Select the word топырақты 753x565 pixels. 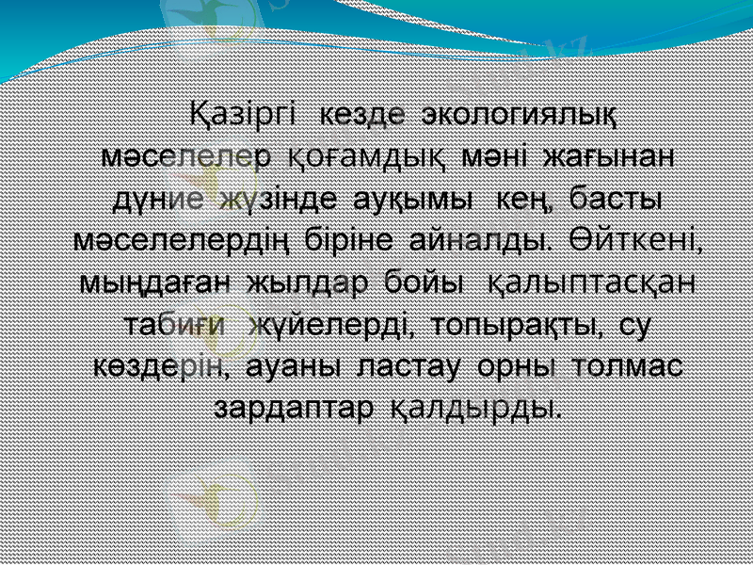pos(510,324)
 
